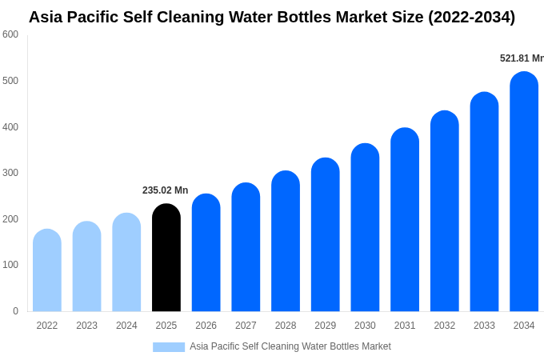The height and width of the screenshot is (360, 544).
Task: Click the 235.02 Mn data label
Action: coord(165,190)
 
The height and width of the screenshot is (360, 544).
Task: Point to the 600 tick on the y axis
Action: coord(10,34)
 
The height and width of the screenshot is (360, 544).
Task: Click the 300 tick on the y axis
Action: coord(10,173)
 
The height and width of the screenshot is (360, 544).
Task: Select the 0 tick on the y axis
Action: coord(15,311)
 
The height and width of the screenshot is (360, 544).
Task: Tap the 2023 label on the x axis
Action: coord(86,326)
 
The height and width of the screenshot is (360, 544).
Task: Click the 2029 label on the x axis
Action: coord(325,326)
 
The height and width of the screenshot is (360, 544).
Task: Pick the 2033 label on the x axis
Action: coord(484,326)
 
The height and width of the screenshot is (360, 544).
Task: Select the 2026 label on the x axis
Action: coord(206,326)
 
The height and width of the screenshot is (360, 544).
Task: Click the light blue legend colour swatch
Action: coord(169,347)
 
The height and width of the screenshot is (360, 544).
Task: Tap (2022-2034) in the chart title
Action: coord(471,17)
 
